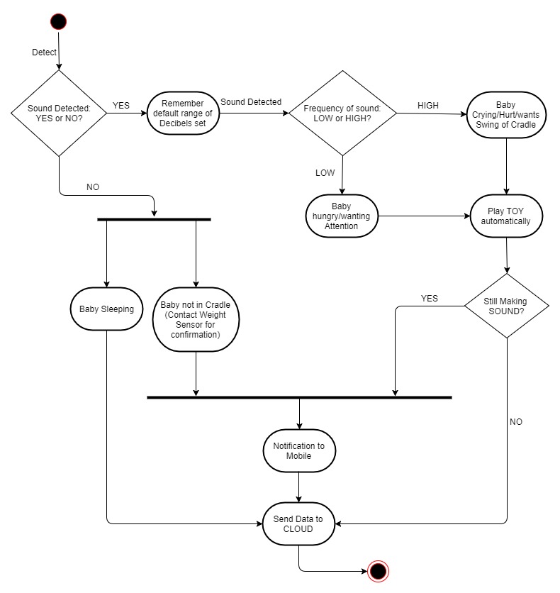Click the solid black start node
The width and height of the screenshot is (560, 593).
(59, 21)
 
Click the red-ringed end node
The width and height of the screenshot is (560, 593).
(379, 571)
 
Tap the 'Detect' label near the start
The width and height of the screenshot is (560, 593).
(44, 52)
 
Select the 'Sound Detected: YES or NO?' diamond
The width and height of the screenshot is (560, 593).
(59, 113)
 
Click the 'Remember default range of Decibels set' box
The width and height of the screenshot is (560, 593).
(183, 113)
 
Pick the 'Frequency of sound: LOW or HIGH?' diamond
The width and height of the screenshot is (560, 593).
(342, 113)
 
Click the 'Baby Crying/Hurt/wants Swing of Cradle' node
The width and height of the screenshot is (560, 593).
(506, 115)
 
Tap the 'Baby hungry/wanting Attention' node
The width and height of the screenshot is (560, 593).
(342, 216)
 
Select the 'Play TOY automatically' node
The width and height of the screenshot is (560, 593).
(506, 216)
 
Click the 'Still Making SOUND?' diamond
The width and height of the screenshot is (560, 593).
(506, 306)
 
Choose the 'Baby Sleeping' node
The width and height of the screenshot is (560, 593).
(106, 309)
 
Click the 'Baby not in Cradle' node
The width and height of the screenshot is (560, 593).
(196, 320)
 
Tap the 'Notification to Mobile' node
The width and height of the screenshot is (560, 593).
(299, 451)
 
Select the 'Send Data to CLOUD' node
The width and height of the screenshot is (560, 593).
(298, 523)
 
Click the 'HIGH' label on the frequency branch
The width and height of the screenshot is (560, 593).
(428, 106)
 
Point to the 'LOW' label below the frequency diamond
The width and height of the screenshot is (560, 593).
(325, 173)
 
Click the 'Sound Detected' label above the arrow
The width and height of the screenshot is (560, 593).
(251, 102)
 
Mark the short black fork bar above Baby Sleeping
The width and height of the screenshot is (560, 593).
(154, 219)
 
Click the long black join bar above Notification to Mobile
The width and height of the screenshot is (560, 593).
(299, 397)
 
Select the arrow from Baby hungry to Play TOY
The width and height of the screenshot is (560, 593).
(424, 216)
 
